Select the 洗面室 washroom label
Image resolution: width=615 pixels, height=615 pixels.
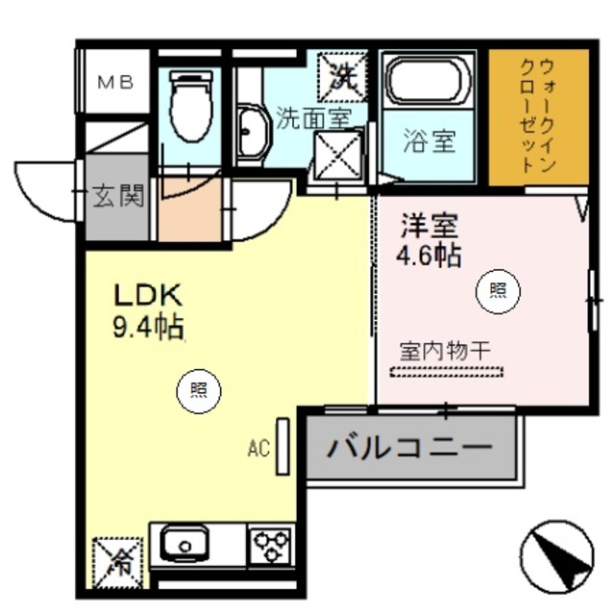[313, 118]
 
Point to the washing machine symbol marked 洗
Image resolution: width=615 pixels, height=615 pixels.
[341, 74]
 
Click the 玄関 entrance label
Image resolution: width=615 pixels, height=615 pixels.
[118, 198]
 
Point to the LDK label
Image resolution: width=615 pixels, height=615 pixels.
[149, 294]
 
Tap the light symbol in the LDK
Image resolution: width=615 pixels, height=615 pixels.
[198, 390]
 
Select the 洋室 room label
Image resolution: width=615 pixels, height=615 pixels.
[428, 227]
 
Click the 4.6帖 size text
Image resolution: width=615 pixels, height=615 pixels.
[429, 257]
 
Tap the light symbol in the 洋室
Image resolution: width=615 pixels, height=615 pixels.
[499, 290]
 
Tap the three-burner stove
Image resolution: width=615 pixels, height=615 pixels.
[271, 546]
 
